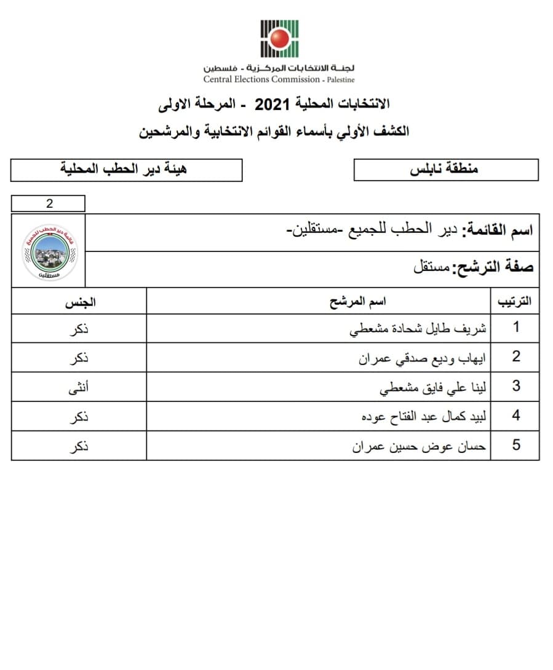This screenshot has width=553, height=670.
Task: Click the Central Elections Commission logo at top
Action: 280,38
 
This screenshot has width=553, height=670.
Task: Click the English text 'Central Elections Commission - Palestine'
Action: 279,79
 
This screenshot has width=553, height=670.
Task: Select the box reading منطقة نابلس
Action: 446,170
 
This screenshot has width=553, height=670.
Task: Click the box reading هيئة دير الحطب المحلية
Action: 127,170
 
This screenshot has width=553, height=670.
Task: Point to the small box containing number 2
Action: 49,203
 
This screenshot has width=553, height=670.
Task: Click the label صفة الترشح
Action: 493,267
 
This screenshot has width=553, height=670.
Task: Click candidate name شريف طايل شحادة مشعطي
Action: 418,328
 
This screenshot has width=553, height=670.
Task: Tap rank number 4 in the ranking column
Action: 516,416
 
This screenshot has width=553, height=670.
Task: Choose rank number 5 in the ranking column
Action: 516,446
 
